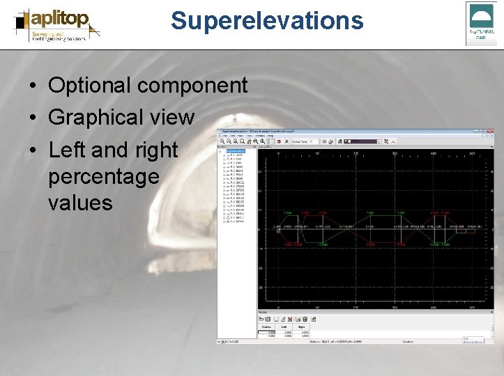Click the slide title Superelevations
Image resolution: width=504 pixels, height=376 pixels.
pyautogui.click(x=266, y=21)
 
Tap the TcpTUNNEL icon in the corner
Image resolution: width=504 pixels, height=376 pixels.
pyautogui.click(x=481, y=23)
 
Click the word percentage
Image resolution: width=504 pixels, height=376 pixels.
pyautogui.click(x=103, y=177)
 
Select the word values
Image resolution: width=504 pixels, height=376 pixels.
pyautogui.click(x=80, y=203)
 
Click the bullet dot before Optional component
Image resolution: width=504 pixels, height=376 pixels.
pyautogui.click(x=33, y=86)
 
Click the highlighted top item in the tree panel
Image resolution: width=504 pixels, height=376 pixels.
pyautogui.click(x=236, y=151)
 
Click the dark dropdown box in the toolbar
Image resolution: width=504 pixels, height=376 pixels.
pyautogui.click(x=358, y=141)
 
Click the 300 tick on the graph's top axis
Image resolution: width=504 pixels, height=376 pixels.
pyautogui.click(x=395, y=152)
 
